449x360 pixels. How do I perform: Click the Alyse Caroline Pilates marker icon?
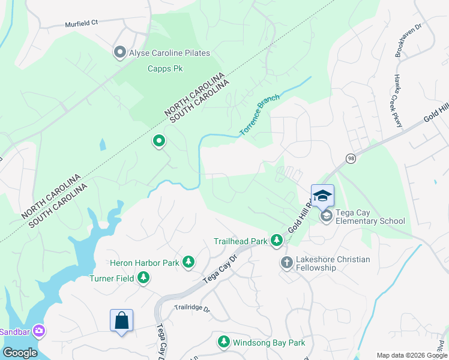(x=120, y=53)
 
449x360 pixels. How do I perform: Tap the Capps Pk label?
(x=165, y=68)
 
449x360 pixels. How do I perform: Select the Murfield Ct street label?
(x=82, y=25)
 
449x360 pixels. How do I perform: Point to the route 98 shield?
(x=351, y=158)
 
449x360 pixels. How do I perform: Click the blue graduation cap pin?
(x=322, y=196)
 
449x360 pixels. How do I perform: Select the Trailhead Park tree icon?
(x=276, y=241)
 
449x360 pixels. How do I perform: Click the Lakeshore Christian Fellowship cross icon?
(x=286, y=263)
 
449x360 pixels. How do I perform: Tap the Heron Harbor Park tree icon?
(x=188, y=262)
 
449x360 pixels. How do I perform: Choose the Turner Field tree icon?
(x=143, y=277)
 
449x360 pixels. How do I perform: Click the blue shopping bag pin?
(x=121, y=320)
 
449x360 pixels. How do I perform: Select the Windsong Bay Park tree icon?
(x=223, y=342)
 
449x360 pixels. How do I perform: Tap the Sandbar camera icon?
(x=39, y=331)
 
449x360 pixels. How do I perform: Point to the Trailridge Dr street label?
(x=192, y=309)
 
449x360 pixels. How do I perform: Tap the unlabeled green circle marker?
(x=159, y=142)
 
